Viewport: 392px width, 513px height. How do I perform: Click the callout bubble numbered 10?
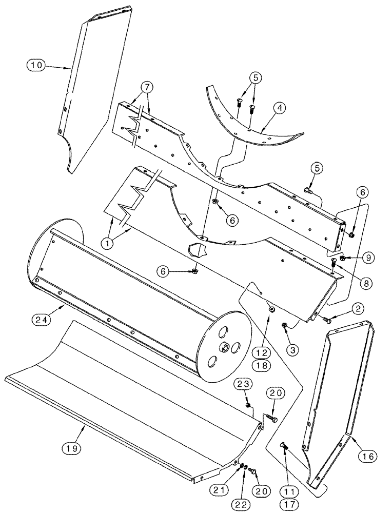(x=37, y=65)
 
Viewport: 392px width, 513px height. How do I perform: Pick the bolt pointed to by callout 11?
(x=284, y=446)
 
